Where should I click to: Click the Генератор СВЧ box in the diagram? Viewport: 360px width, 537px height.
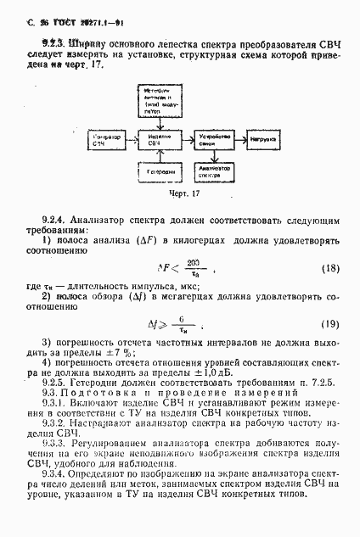(107, 137)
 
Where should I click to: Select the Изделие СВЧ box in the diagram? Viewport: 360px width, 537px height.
(155, 137)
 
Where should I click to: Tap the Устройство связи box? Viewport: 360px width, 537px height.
(211, 137)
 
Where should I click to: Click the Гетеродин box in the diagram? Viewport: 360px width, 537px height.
(155, 171)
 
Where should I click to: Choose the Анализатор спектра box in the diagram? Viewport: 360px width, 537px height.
(211, 171)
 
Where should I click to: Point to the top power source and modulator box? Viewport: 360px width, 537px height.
(155, 100)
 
